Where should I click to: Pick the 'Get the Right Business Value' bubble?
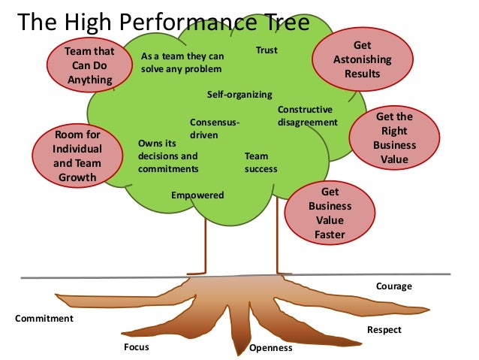click(393, 138)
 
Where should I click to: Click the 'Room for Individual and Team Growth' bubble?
click(77, 156)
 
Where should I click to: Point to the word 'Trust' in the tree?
click(267, 51)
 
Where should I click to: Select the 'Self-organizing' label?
click(238, 95)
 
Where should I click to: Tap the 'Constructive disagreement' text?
click(307, 116)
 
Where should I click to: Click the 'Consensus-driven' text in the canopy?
click(214, 128)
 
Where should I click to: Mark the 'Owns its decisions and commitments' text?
click(168, 156)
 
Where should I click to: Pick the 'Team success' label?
click(261, 162)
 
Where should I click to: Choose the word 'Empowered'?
click(197, 195)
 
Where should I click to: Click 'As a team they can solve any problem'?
click(182, 62)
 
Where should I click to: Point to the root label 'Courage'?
click(393, 286)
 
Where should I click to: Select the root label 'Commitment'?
click(44, 319)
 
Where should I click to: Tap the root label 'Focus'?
click(136, 346)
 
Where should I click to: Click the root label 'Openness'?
click(270, 349)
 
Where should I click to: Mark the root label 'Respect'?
click(384, 330)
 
